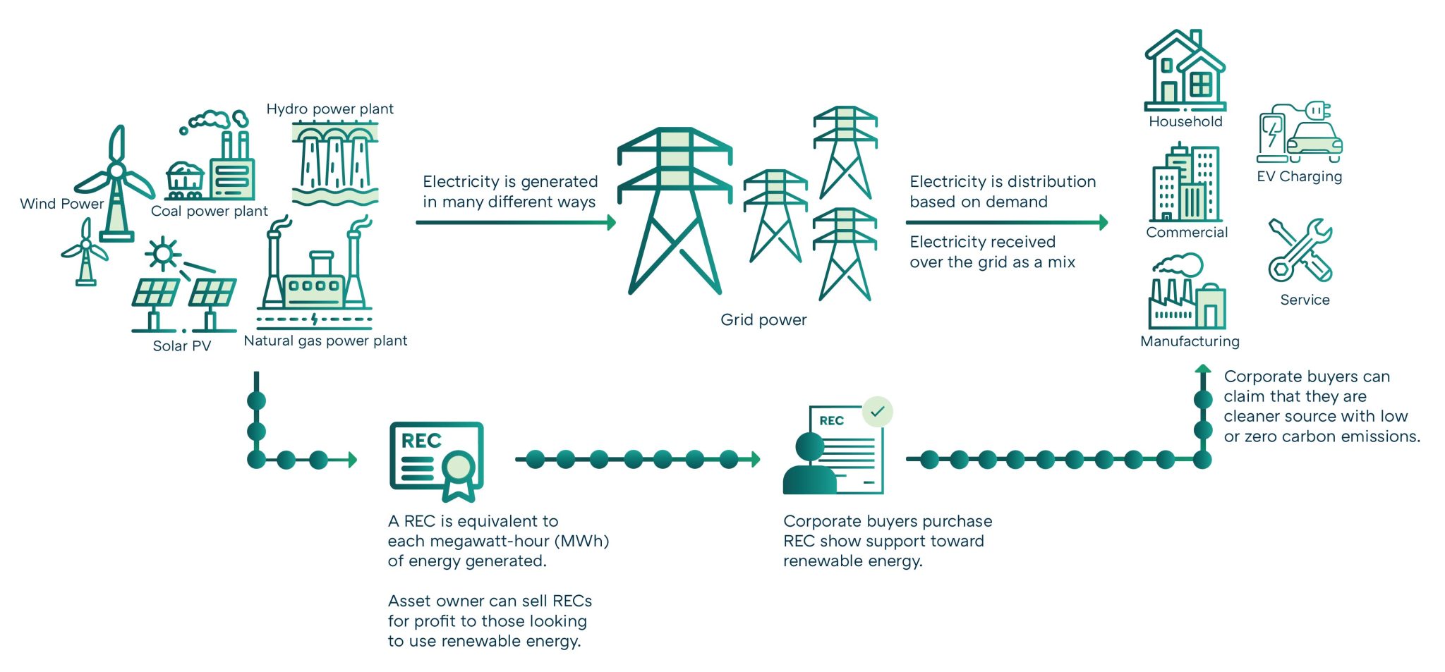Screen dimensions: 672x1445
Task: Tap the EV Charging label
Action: click(1299, 176)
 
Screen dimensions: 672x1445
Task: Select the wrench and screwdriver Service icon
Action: click(1300, 250)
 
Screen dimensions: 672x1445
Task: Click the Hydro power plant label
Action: click(329, 109)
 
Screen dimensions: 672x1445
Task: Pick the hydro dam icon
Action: click(335, 162)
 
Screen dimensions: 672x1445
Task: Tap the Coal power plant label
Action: click(209, 211)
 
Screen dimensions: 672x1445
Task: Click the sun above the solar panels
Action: click(163, 253)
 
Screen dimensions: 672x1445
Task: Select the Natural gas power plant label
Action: click(325, 341)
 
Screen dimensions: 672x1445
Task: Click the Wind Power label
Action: click(61, 204)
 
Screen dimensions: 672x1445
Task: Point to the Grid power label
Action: click(763, 320)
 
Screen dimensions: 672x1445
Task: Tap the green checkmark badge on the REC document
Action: click(877, 411)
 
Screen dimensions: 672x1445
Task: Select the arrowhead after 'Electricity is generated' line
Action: click(611, 223)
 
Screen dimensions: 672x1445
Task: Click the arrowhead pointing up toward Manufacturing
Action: click(1203, 369)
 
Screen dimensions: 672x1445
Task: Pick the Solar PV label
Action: click(181, 346)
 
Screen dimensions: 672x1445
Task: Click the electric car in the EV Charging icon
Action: click(1314, 139)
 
